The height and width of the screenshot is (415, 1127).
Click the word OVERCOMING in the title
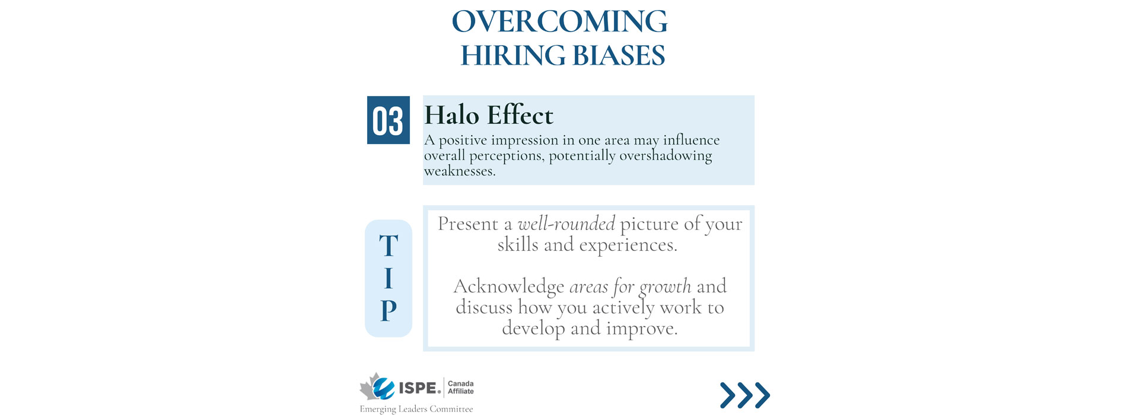click(x=559, y=21)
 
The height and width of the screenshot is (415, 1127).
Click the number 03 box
click(x=389, y=120)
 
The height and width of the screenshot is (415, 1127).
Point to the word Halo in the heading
click(x=451, y=114)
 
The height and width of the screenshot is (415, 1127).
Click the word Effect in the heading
click(x=520, y=114)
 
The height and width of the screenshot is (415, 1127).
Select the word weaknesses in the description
click(x=460, y=171)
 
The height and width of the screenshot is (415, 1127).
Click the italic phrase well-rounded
click(x=566, y=224)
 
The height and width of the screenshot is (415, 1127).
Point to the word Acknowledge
click(x=508, y=287)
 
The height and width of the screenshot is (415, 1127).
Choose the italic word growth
click(x=665, y=288)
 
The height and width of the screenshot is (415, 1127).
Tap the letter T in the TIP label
click(x=389, y=245)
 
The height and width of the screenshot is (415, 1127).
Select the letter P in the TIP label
click(x=389, y=310)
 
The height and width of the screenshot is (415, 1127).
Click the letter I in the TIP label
click(x=389, y=278)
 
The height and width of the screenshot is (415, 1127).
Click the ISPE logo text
click(x=419, y=388)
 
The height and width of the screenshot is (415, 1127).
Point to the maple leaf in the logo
click(x=370, y=387)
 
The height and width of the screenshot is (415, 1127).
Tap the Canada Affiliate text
click(x=461, y=388)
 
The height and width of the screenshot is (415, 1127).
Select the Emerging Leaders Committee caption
click(x=416, y=409)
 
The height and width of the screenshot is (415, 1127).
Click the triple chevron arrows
click(x=745, y=395)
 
